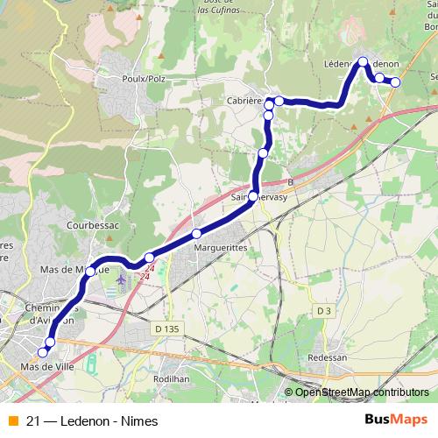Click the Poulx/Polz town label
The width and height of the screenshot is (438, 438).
click(x=145, y=77)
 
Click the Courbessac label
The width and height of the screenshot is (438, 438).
click(x=93, y=225)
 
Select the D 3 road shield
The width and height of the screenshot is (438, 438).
click(x=323, y=311)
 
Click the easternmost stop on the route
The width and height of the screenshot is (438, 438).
click(x=395, y=82)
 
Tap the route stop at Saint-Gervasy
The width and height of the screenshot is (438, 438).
click(x=253, y=196)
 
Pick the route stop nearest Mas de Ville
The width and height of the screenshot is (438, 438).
click(x=43, y=352)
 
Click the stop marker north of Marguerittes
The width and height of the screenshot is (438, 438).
click(x=196, y=233)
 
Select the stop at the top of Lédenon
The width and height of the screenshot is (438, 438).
click(x=362, y=61)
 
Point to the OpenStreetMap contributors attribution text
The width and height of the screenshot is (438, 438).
click(x=363, y=392)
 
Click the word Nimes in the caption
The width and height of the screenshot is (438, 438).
click(x=127, y=420)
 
